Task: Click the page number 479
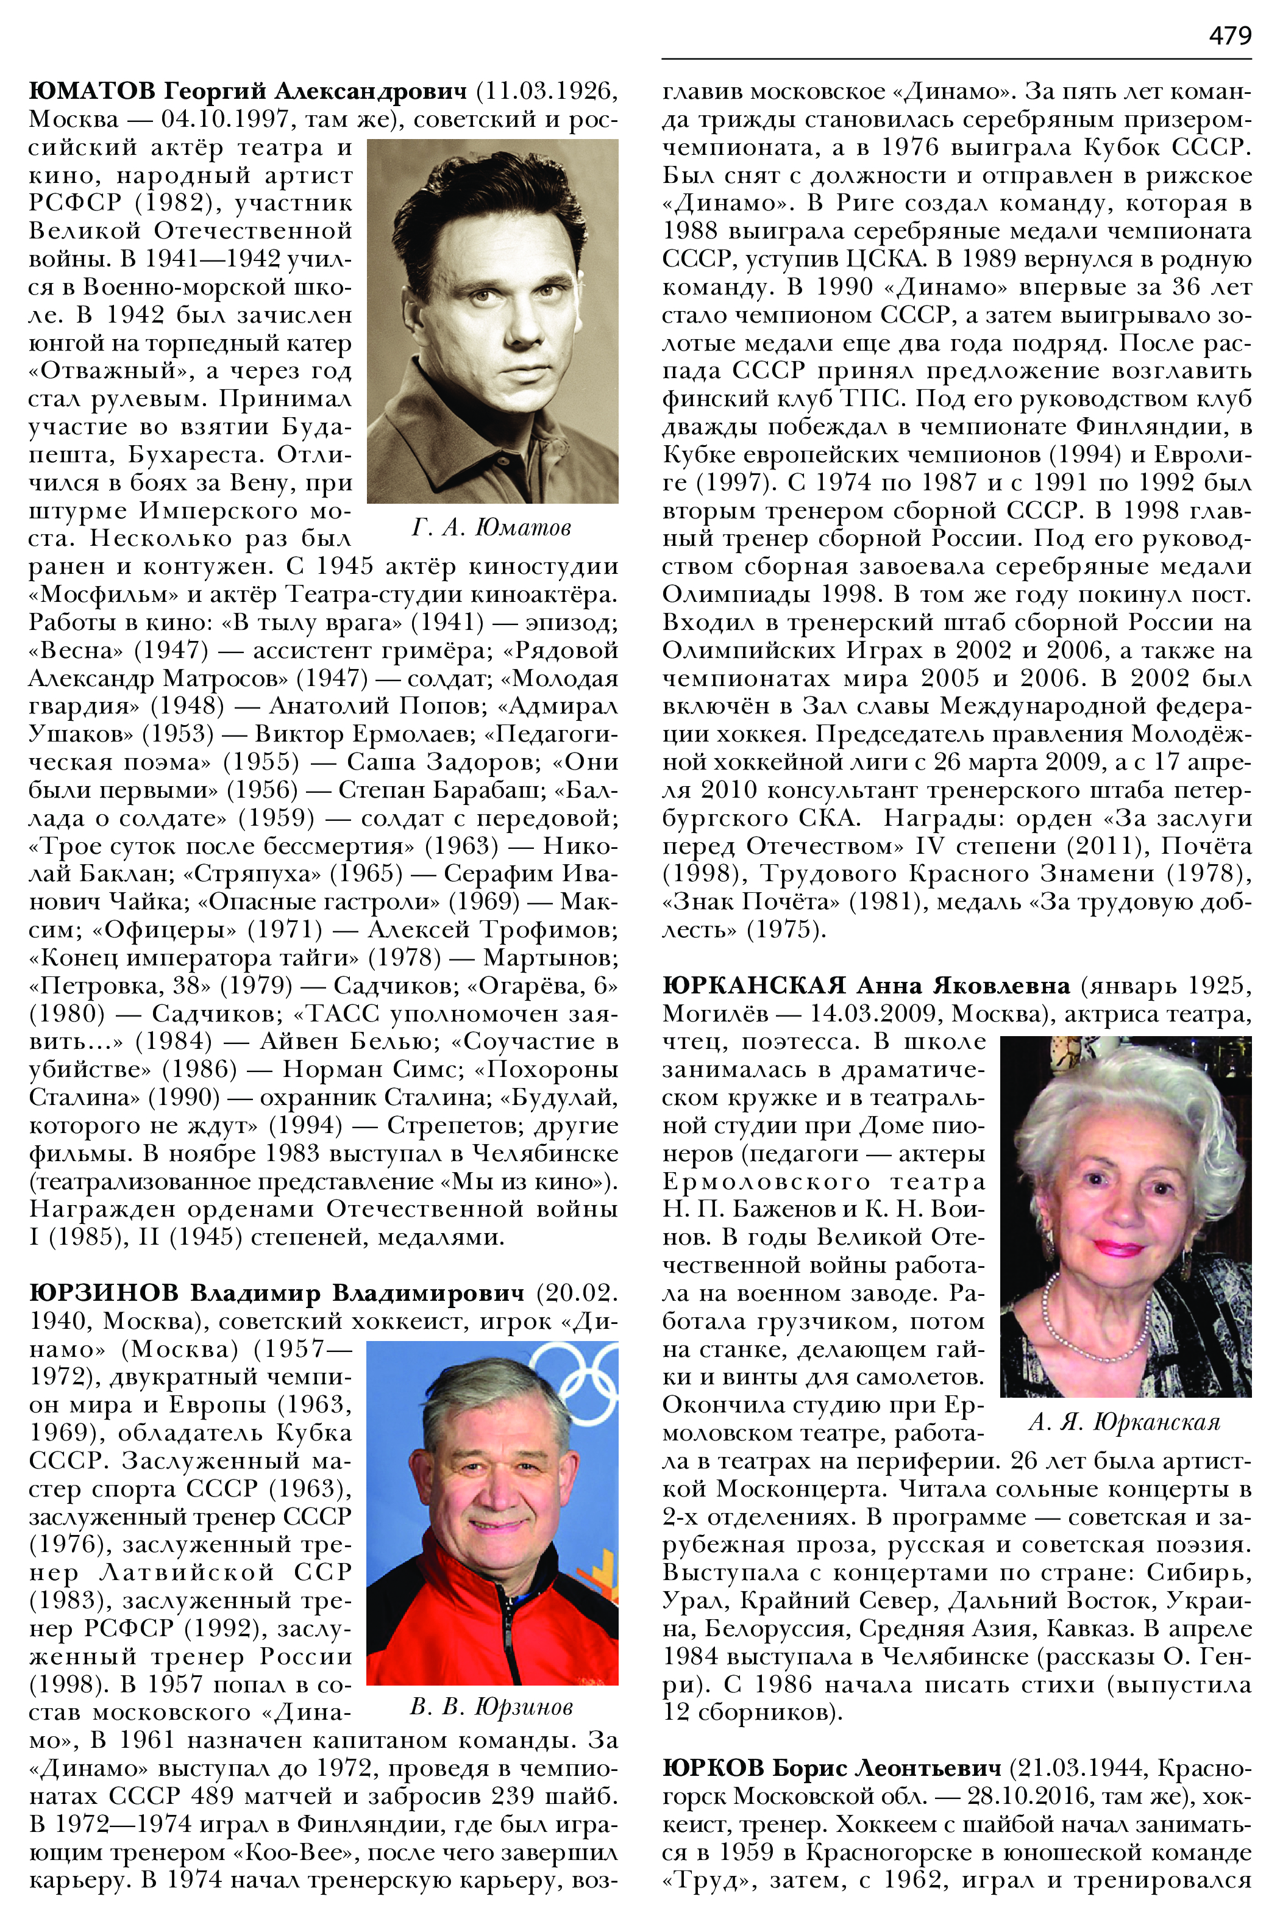tap(1229, 35)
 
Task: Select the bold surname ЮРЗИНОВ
tap(104, 1293)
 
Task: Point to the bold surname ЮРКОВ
tap(713, 1769)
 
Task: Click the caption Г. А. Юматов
tap(491, 528)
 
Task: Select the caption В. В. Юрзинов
tap(491, 1707)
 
